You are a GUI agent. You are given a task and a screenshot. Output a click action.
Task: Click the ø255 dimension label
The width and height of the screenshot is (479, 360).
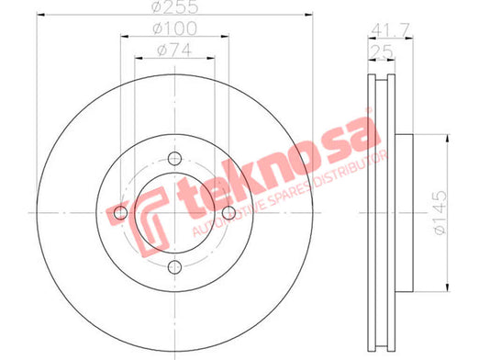coord(175,6)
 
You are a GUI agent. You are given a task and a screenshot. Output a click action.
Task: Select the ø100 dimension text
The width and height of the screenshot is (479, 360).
coord(175,28)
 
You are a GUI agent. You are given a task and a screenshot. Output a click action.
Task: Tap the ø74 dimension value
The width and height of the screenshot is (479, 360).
coord(174,50)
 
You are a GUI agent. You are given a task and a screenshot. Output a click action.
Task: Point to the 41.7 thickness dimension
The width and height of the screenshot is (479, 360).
coord(390,30)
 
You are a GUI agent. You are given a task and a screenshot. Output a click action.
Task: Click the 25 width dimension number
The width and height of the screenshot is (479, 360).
coord(382,51)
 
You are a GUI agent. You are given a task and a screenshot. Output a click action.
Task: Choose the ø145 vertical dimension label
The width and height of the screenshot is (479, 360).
coord(440,213)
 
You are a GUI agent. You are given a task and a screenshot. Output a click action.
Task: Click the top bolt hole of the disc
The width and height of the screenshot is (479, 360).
coord(174,159)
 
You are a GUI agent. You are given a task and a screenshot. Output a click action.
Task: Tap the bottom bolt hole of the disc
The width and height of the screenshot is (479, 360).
coord(174,267)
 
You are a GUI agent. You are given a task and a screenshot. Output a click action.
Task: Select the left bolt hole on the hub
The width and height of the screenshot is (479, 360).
coord(120,213)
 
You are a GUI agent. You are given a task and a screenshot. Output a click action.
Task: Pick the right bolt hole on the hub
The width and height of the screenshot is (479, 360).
coord(228,213)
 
